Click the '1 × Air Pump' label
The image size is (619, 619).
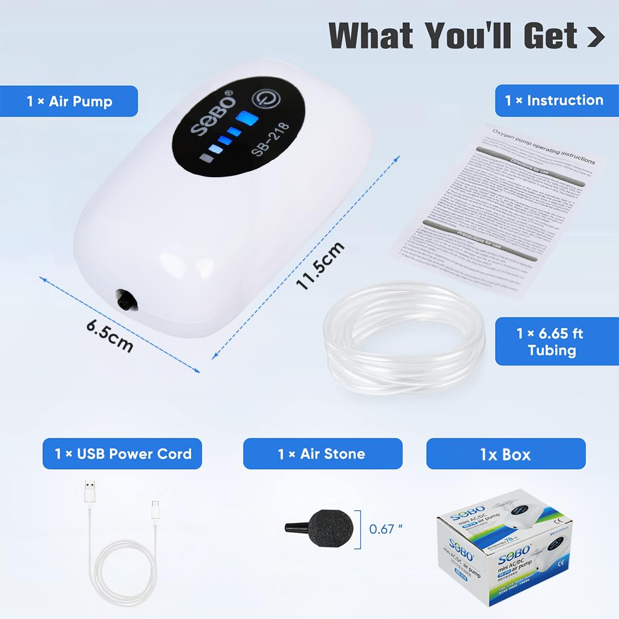click(x=69, y=101)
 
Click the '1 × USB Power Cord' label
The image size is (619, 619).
click(x=122, y=453)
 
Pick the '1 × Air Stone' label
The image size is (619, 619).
click(x=322, y=453)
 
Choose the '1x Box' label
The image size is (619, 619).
click(x=505, y=453)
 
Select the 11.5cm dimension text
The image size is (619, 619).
click(x=321, y=267)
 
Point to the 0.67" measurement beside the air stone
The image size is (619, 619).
click(x=385, y=528)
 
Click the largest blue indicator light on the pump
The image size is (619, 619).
click(x=246, y=118)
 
